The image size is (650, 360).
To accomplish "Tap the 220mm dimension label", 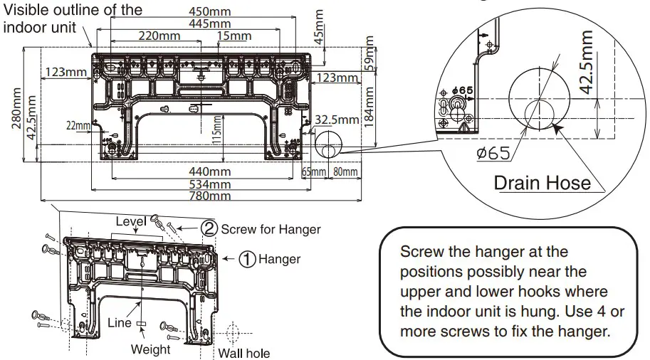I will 158,36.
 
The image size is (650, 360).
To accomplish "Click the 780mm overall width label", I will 210,196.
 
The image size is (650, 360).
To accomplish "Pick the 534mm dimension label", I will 210,184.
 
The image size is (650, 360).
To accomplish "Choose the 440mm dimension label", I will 209,171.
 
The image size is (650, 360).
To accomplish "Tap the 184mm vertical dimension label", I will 369,107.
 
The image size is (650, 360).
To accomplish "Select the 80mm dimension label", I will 344,171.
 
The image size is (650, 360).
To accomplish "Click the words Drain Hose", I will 542,183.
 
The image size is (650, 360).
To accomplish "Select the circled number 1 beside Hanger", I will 246,260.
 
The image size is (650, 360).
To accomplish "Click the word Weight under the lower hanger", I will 150,349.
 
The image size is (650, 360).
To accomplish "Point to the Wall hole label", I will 244,353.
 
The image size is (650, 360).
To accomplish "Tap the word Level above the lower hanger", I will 132,221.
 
